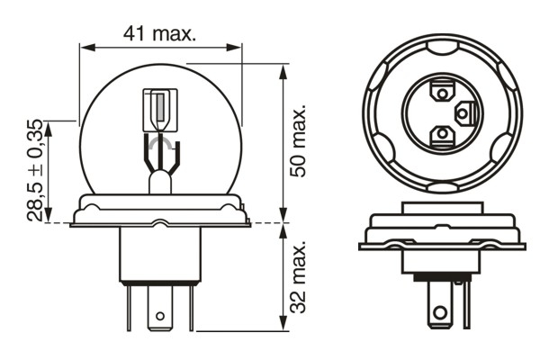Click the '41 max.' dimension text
coord(161,33)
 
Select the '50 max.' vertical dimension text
coord(300,139)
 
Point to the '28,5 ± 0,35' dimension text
coord(34,170)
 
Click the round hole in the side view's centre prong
coord(160,316)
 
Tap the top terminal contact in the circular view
coord(442,91)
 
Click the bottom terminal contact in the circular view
coord(442,134)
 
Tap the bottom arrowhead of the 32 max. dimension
coord(284,331)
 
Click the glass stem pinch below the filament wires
coord(160,183)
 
